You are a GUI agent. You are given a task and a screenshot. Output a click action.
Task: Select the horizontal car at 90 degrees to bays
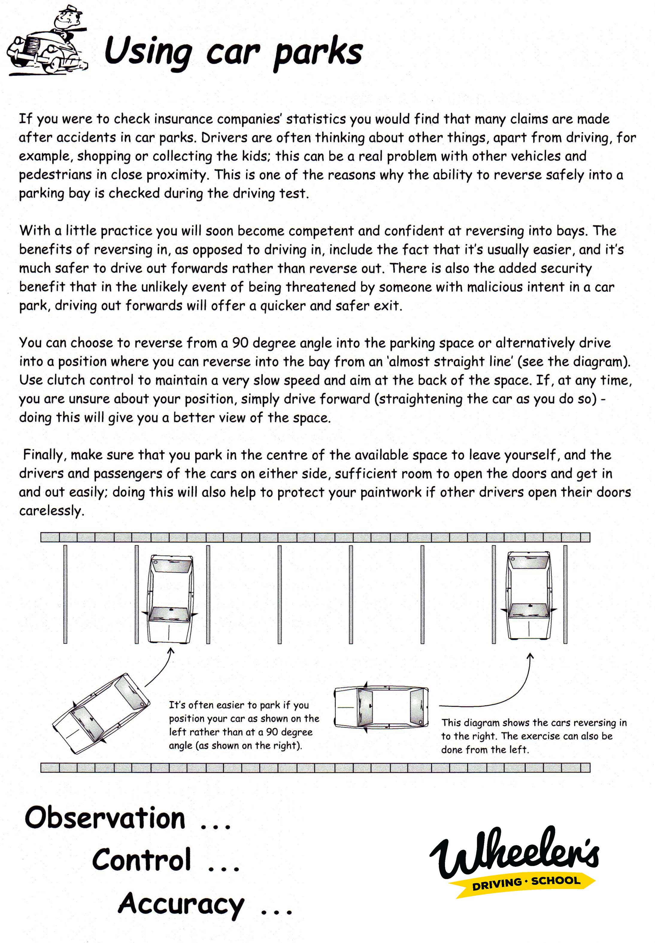click(381, 707)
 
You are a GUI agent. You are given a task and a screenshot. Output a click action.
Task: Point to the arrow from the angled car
click(160, 669)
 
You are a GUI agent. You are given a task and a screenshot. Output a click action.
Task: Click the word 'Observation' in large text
click(105, 818)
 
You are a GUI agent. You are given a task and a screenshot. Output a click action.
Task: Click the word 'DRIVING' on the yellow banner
click(497, 884)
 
